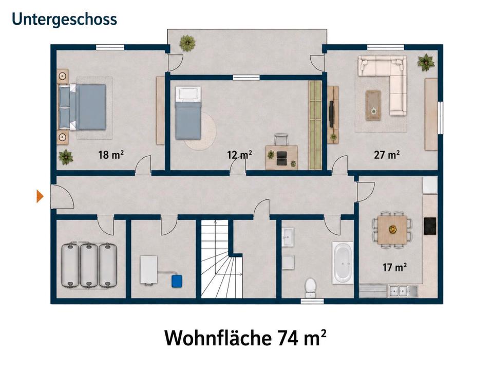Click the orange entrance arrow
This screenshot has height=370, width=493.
click(x=40, y=196)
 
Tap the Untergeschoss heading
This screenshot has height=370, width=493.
click(x=65, y=19)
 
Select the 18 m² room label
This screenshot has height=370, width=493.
click(x=111, y=155)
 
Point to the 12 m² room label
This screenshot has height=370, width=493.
click(x=239, y=155)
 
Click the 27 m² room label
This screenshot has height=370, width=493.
click(x=387, y=155)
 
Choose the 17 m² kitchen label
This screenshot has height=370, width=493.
click(x=394, y=267)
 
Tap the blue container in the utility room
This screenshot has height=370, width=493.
click(x=177, y=281)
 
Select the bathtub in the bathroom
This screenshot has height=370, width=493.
click(x=343, y=263)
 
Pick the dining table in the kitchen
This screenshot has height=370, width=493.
click(x=392, y=229)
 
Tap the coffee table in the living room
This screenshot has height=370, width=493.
click(x=373, y=105)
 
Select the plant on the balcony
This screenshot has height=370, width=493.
click(x=188, y=43)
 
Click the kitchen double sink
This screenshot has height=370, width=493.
click(x=399, y=291)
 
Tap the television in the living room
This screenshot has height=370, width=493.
click(x=331, y=114)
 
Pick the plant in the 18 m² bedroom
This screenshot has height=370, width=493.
click(x=66, y=157)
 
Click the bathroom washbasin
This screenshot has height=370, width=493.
click(x=288, y=236)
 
